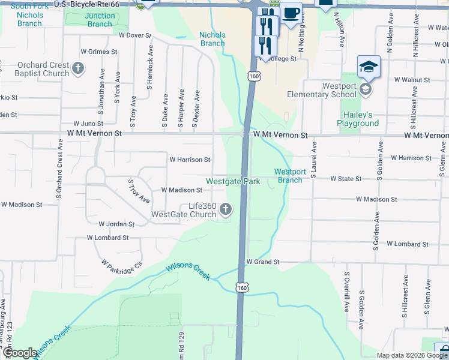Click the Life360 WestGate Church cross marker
[226, 209]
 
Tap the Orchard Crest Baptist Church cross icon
[78, 69]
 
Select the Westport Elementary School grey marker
[365, 90]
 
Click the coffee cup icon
[291, 13]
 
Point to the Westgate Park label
[233, 181]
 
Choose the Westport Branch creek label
[290, 176]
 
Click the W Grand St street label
[263, 262]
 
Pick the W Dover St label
[135, 35]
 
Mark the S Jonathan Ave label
[103, 97]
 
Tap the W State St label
[345, 179]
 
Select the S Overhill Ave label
[347, 292]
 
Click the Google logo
[20, 353]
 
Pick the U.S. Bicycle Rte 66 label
[86, 4]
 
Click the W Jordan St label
[116, 224]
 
